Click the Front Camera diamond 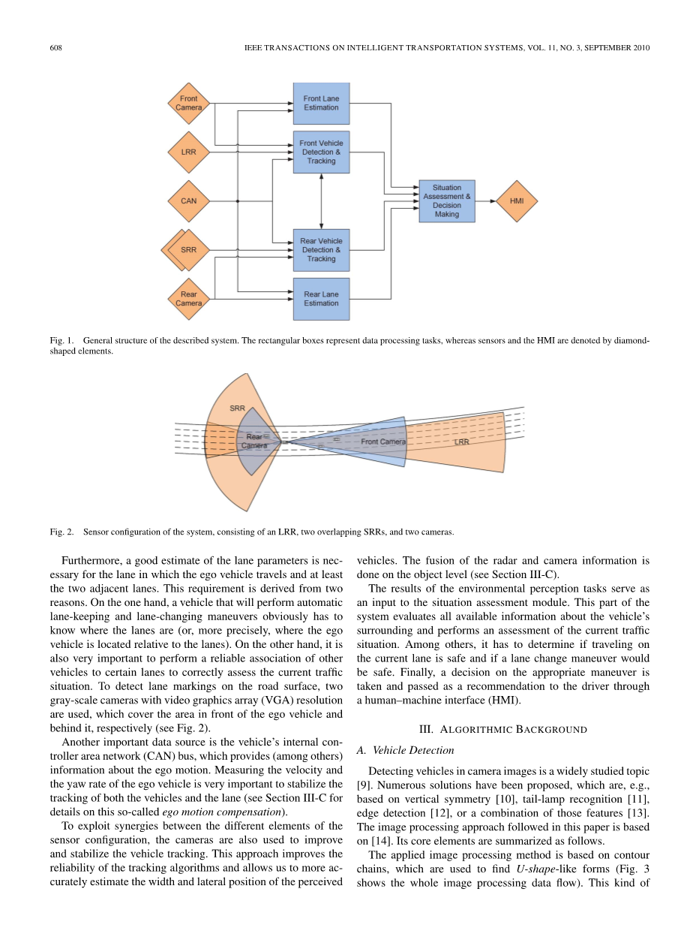(189, 104)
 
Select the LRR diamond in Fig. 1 (189, 152)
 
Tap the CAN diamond (189, 200)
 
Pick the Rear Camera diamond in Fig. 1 (189, 299)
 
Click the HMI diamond (517, 200)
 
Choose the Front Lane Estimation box (321, 104)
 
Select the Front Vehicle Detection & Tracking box (321, 152)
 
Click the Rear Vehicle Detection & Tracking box (321, 250)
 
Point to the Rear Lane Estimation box (321, 299)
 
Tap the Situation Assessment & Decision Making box (447, 200)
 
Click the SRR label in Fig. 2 (237, 408)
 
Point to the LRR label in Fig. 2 (463, 442)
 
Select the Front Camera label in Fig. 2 (383, 441)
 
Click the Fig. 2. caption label (61, 532)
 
